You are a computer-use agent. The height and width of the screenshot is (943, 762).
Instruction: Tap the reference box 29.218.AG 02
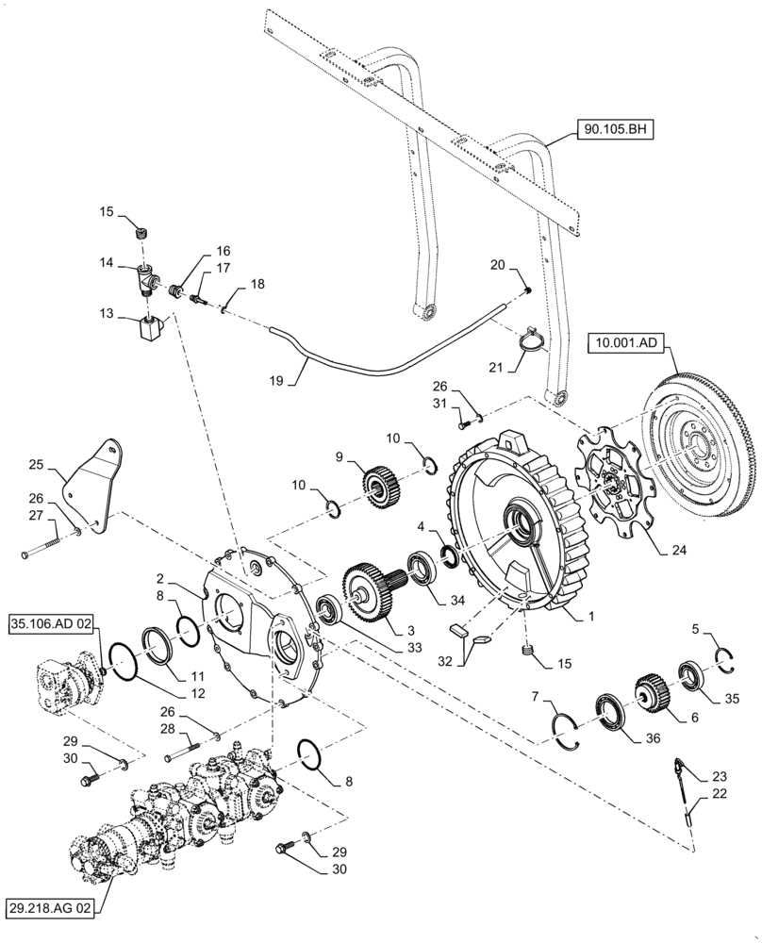[x=54, y=907]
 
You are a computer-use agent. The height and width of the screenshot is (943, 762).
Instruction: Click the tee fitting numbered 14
[x=148, y=277]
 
